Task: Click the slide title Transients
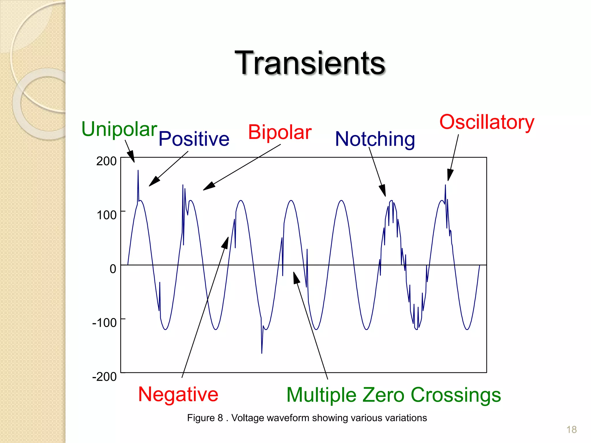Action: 310,63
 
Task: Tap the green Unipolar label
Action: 119,129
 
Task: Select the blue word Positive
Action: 194,139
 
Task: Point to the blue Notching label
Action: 375,139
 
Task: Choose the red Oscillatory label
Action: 487,122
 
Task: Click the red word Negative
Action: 178,394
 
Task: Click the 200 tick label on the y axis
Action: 106,161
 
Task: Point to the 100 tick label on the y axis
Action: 106,215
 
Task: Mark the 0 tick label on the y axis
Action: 113,269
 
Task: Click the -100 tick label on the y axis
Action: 104,323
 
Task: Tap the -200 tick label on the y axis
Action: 104,377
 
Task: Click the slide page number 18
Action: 571,430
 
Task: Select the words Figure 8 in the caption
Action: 205,418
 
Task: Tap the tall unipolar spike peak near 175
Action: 138,171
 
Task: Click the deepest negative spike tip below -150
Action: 262,352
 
